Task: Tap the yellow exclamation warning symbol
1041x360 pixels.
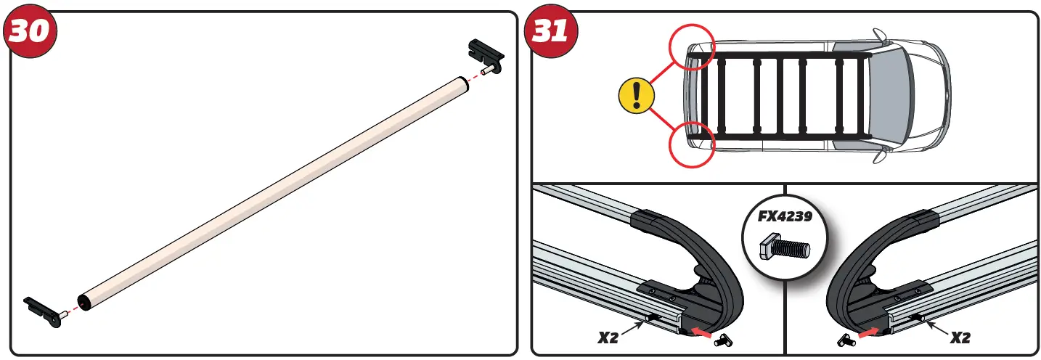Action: coord(637,95)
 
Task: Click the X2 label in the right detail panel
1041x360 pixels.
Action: coord(960,337)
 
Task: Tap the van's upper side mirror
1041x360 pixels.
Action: coord(880,35)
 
